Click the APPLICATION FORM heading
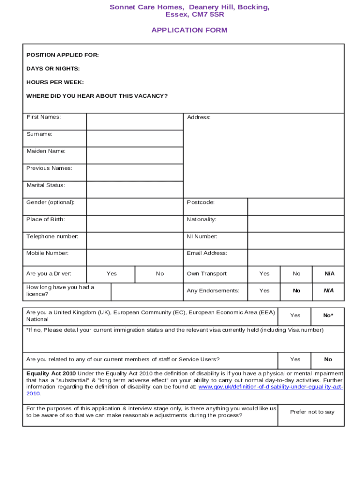[x=189, y=30]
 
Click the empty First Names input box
[x=135, y=122]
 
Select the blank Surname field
[x=135, y=138]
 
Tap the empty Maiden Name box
[x=135, y=155]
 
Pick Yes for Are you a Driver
[x=112, y=274]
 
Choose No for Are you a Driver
[x=160, y=274]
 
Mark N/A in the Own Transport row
[x=329, y=274]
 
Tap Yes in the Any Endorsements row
[x=265, y=291]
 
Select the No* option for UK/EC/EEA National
[x=328, y=316]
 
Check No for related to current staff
[x=328, y=360]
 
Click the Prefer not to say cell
[x=312, y=412]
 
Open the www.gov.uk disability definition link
[x=270, y=387]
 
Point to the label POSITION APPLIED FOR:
[x=63, y=55]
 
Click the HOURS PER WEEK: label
[x=55, y=82]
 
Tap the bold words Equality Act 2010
[x=51, y=374]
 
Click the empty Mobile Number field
[x=135, y=257]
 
